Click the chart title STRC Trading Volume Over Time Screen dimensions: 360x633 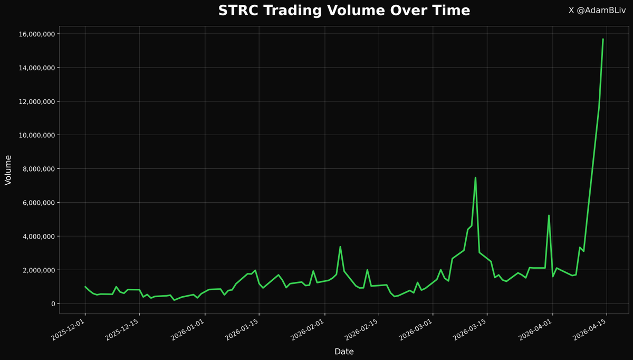(344, 11)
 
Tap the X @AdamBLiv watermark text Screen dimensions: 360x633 (597, 11)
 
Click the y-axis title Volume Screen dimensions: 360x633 (8, 169)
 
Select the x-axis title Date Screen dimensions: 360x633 (344, 352)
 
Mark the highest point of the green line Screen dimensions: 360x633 (603, 39)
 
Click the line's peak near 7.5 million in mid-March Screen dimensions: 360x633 (475, 178)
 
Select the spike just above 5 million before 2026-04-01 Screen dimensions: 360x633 (549, 215)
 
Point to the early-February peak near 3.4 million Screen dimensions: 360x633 (340, 247)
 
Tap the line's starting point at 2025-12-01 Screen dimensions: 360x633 (85, 287)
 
